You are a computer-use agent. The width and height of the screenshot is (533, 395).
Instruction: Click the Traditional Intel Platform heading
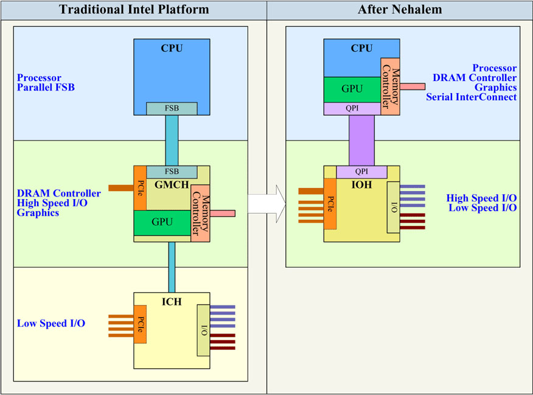[x=133, y=10]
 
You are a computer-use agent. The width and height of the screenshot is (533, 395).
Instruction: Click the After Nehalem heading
[x=399, y=10]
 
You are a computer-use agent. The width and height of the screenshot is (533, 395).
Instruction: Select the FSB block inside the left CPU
[x=172, y=109]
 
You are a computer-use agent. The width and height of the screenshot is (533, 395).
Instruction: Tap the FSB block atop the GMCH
[x=172, y=172]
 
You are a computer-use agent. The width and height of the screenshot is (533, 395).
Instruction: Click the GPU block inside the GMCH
[x=162, y=222]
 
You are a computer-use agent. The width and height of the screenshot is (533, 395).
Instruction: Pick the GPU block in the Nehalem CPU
[x=352, y=89]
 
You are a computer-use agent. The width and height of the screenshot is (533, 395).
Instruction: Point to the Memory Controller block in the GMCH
[x=200, y=213]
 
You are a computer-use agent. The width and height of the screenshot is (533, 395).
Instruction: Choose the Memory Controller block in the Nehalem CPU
[x=390, y=86]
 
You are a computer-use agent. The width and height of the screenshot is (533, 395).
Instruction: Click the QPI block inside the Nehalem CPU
[x=352, y=108]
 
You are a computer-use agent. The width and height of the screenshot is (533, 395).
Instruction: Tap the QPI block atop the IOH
[x=361, y=172]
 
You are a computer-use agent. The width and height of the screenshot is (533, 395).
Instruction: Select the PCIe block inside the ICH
[x=141, y=323]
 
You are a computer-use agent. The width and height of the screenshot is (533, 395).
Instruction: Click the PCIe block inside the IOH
[x=330, y=203]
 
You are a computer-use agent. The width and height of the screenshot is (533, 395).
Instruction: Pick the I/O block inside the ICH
[x=204, y=329]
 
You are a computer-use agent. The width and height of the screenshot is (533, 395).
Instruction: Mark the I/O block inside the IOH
[x=394, y=206]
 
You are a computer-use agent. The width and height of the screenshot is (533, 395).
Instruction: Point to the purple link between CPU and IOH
[x=361, y=140]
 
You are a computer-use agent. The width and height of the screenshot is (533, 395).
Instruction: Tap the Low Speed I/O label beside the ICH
[x=51, y=324]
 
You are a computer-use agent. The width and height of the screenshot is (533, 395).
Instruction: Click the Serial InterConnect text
[x=471, y=97]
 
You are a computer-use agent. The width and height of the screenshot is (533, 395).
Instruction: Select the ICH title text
[x=172, y=301]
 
